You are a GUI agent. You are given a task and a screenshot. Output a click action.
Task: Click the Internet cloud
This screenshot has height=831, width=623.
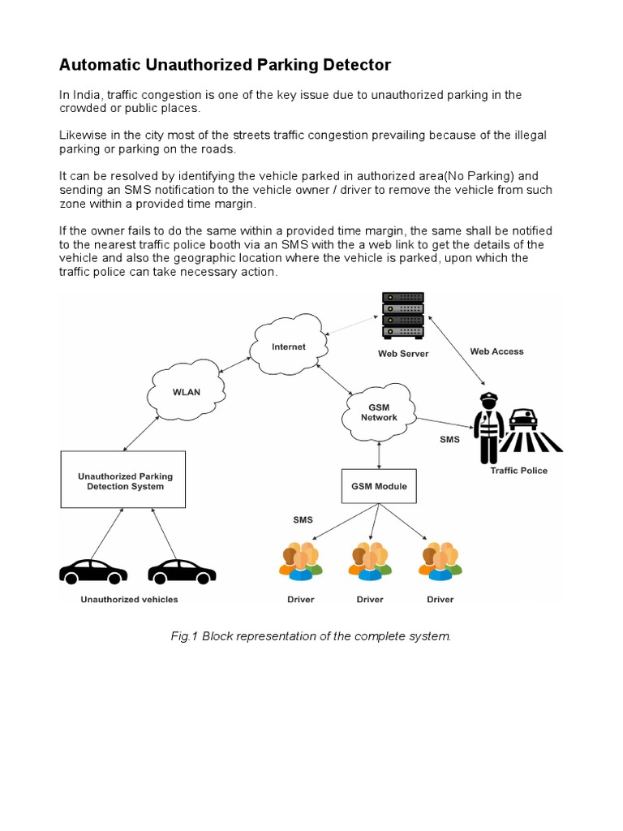(289, 347)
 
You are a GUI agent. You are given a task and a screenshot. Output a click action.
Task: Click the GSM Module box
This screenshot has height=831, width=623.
(379, 487)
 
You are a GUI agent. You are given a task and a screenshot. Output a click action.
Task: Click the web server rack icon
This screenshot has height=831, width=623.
(403, 316)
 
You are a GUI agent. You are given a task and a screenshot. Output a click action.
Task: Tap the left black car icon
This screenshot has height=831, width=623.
(93, 571)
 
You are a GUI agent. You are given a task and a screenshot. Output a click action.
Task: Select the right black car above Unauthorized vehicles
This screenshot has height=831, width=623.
(182, 571)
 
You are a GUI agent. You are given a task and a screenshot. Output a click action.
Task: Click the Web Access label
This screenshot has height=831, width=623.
(496, 351)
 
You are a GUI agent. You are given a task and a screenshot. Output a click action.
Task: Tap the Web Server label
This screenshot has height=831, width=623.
(403, 354)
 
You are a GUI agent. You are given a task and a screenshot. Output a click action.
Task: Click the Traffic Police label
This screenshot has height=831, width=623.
(519, 471)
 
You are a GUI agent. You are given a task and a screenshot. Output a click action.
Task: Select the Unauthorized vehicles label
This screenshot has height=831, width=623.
(129, 600)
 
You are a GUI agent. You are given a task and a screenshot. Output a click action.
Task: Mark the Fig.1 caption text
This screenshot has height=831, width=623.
(311, 636)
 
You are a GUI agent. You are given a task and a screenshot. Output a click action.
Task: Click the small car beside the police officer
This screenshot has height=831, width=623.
(524, 419)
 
